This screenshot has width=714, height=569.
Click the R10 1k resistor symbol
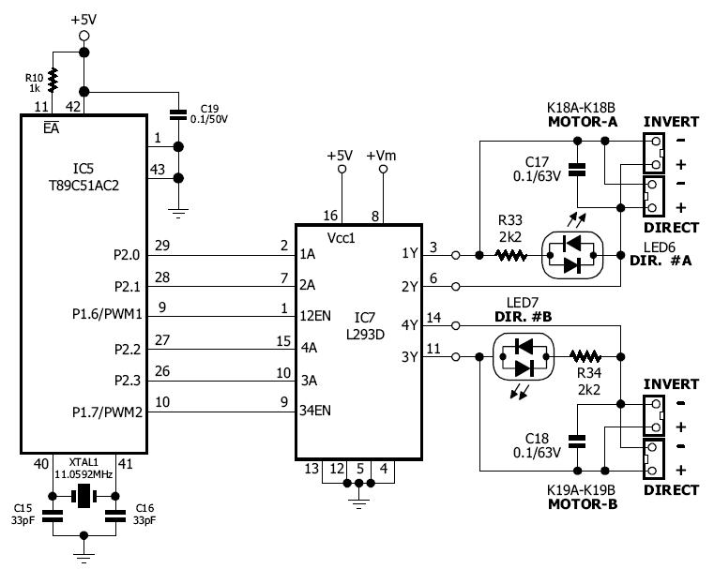[53, 78]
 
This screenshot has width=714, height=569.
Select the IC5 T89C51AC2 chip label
[82, 177]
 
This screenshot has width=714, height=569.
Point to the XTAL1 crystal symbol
[84, 498]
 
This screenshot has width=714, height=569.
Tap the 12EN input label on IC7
[316, 315]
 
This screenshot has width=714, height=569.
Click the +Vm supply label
[382, 155]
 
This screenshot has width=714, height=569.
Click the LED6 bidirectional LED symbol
[575, 254]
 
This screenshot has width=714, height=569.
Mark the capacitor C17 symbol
[578, 170]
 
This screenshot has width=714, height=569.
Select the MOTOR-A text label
[582, 121]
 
